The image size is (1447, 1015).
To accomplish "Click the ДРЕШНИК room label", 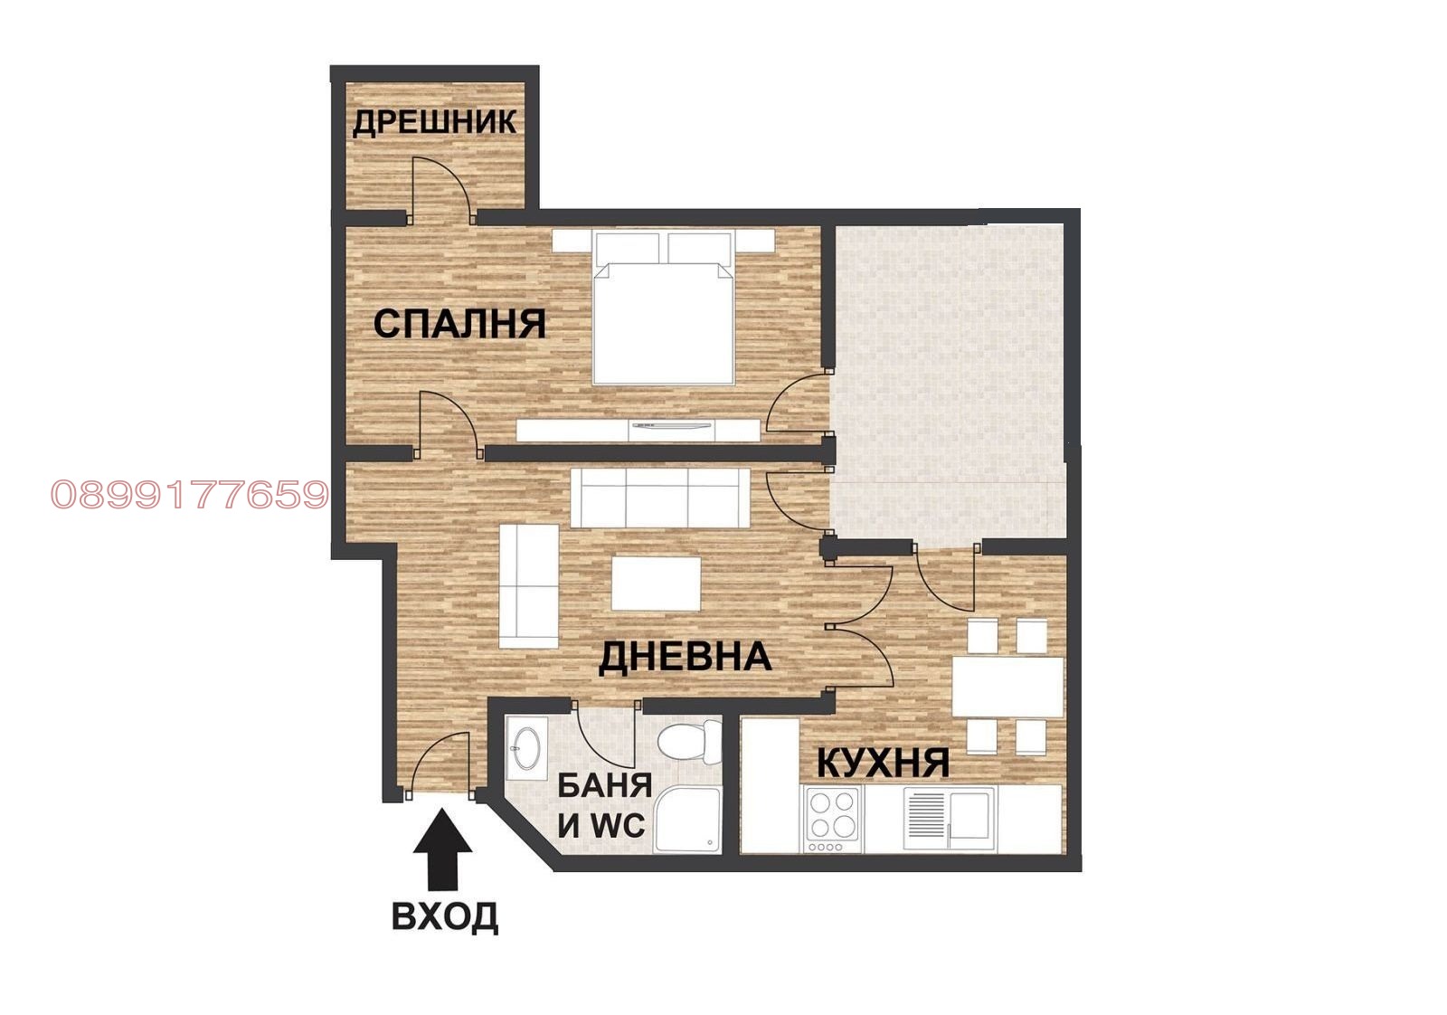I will (x=434, y=121).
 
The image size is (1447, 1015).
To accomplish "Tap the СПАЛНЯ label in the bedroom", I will (x=459, y=324).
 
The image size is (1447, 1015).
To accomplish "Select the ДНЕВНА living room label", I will (x=685, y=657).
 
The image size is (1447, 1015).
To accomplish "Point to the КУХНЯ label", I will (x=883, y=763).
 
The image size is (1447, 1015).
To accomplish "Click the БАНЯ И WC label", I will (x=603, y=805).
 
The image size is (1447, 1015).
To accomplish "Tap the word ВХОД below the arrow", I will (x=444, y=915).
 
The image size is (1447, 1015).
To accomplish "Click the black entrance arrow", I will (x=442, y=850).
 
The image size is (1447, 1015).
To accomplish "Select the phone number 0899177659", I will (x=189, y=495).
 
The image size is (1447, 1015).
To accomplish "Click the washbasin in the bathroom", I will (x=524, y=747).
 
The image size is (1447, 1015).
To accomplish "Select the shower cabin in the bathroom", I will (x=688, y=820).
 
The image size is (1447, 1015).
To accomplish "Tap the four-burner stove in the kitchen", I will (x=832, y=816).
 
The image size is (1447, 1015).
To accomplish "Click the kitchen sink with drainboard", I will (x=950, y=814).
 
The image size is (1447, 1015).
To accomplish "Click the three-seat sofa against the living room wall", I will (x=660, y=498).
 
